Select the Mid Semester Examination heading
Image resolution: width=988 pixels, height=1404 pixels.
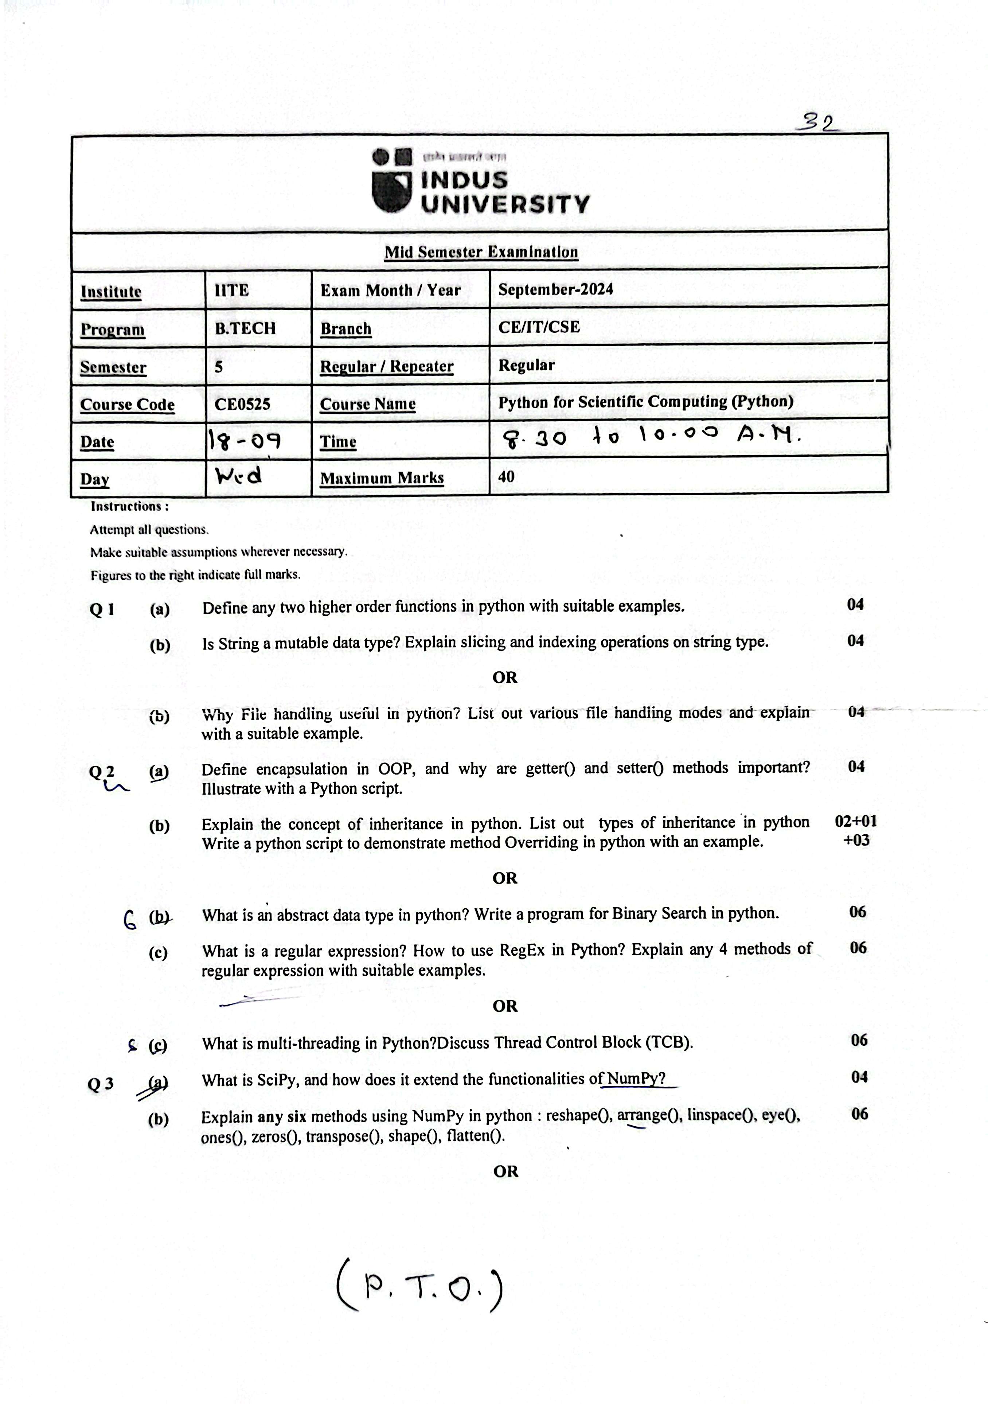pyautogui.click(x=481, y=252)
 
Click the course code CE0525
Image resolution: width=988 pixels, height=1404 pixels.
pyautogui.click(x=242, y=404)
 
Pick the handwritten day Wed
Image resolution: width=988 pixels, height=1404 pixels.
pyautogui.click(x=238, y=476)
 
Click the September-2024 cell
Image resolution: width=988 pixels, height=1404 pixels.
pyautogui.click(x=555, y=289)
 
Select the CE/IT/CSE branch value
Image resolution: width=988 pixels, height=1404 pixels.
pyautogui.click(x=539, y=327)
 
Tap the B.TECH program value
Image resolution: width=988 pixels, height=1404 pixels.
pyautogui.click(x=245, y=328)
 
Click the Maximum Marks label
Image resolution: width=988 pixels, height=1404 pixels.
pyautogui.click(x=382, y=478)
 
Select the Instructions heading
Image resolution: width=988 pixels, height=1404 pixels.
pyautogui.click(x=130, y=506)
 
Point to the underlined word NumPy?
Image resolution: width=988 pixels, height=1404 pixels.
pyautogui.click(x=636, y=1079)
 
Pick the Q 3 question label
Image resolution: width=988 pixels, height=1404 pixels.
pyautogui.click(x=101, y=1084)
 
